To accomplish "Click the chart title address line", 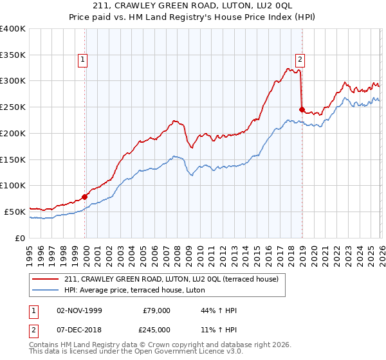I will pyautogui.click(x=192, y=6).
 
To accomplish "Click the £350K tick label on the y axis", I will pyautogui.click(x=13, y=55).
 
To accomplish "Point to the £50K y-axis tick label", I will pyautogui.click(x=15, y=212).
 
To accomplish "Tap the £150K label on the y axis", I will pyautogui.click(x=13, y=159).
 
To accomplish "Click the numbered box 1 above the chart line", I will pyautogui.click(x=84, y=60).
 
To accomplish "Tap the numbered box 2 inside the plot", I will pyautogui.click(x=300, y=60).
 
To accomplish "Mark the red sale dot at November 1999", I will pyautogui.click(x=84, y=197).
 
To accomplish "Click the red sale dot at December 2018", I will pyautogui.click(x=302, y=109).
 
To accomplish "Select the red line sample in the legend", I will pyautogui.click(x=46, y=279).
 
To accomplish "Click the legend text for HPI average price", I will pyautogui.click(x=134, y=290).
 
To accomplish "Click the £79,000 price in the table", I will pyautogui.click(x=157, y=310).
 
